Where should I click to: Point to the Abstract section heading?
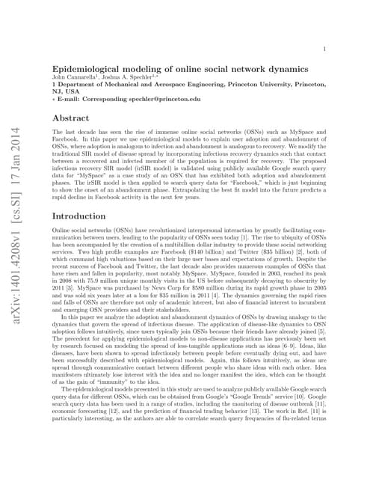[70, 118]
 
